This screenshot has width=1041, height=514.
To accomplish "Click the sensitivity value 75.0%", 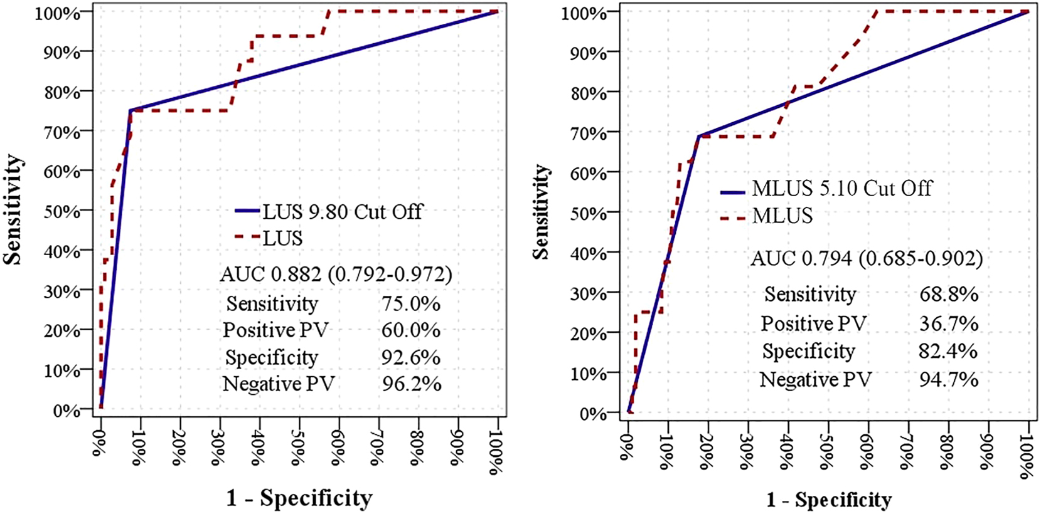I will (410, 303).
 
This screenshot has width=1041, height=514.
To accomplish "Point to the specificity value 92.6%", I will (410, 357).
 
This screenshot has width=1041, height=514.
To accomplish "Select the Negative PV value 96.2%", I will (411, 384).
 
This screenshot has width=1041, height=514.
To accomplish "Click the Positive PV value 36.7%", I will (948, 323).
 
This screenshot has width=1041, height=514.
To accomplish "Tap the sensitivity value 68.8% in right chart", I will (948, 294).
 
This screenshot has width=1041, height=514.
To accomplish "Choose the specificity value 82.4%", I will (948, 351).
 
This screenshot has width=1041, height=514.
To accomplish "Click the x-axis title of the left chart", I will (299, 498).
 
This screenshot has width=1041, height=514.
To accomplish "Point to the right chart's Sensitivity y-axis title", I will (540, 212).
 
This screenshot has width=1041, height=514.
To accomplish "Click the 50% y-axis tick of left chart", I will (61, 211).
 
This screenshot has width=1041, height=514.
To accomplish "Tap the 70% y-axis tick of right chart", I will (588, 133).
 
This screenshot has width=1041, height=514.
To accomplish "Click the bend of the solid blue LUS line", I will (131, 110).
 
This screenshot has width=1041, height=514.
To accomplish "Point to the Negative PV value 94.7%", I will (948, 379).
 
